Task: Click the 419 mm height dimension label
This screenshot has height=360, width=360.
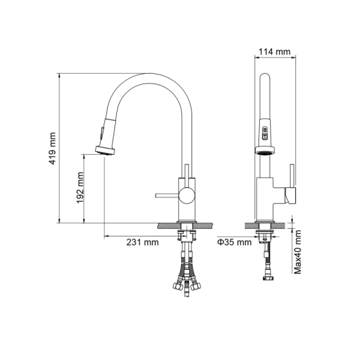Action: (53, 149)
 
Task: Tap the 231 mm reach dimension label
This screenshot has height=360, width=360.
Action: (142, 242)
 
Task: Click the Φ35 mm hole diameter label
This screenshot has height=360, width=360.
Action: (234, 242)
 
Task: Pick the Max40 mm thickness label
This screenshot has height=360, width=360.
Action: (298, 253)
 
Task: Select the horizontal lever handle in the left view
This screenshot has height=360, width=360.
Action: (166, 194)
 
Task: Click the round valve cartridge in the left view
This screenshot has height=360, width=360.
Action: (187, 194)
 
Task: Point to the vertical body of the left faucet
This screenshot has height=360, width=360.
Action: (186, 204)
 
